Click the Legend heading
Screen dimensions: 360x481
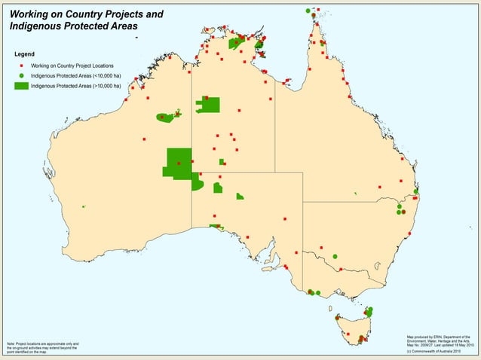[25, 54]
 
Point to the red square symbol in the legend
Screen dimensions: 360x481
[23, 66]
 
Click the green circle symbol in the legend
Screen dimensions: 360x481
[23, 76]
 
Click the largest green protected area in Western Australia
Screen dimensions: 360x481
[178, 163]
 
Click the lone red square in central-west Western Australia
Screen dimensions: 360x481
[144, 139]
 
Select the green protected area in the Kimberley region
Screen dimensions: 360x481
[167, 117]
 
